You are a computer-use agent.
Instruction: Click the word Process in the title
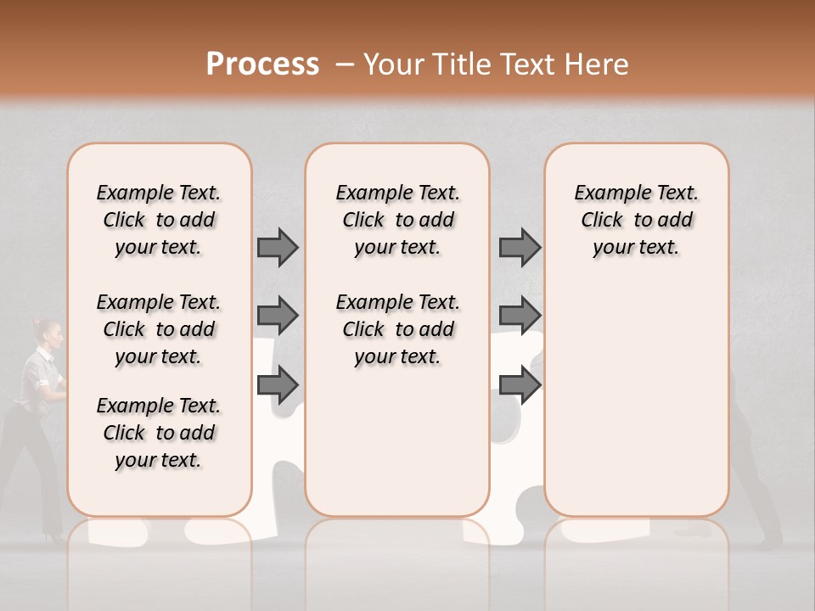point(262,64)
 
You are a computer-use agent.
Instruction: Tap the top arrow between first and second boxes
point(278,247)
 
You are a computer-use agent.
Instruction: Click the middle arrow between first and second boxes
point(278,316)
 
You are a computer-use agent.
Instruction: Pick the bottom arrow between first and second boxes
point(278,385)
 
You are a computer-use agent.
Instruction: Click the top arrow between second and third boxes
point(520,247)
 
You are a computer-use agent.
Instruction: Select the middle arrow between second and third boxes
point(520,316)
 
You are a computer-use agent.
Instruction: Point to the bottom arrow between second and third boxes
point(520,385)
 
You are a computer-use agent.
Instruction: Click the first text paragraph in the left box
point(159,220)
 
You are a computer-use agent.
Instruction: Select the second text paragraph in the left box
point(159,329)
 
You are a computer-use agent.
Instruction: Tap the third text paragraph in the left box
point(159,433)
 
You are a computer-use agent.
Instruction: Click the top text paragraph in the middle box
point(397,220)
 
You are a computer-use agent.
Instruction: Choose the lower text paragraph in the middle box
point(397,329)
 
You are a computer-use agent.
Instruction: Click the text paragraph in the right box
point(636,220)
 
